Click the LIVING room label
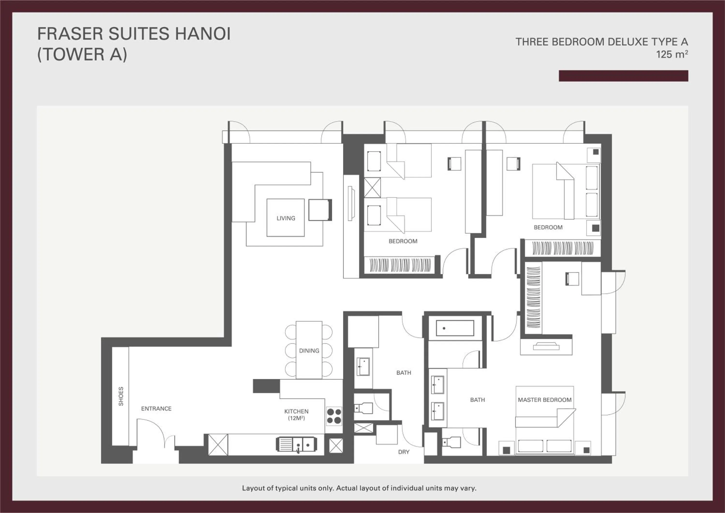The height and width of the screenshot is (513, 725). click(286, 218)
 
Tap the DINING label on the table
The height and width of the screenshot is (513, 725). click(309, 351)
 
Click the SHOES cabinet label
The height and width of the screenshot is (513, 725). click(121, 396)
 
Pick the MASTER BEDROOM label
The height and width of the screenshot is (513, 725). click(544, 400)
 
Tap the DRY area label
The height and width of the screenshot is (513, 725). click(404, 452)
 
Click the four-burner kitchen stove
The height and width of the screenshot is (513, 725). click(334, 416)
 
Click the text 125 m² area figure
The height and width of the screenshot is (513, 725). click(672, 54)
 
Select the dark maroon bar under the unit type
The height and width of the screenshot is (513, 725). click(623, 76)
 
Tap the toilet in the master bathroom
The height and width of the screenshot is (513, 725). click(451, 442)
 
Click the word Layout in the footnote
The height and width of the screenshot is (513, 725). click(253, 488)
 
